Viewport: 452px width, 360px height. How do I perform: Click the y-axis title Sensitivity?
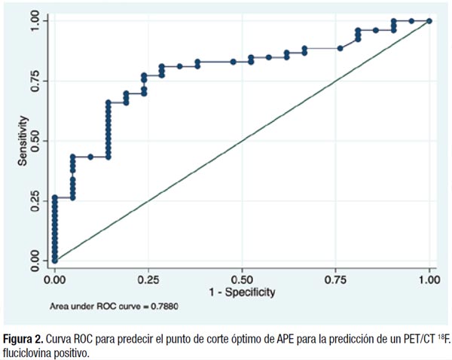coord(24,140)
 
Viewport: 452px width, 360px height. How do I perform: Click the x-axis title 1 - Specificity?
coord(243,290)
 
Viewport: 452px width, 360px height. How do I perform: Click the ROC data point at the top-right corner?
coord(429,21)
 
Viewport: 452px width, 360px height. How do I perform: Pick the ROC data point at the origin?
coord(54,261)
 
